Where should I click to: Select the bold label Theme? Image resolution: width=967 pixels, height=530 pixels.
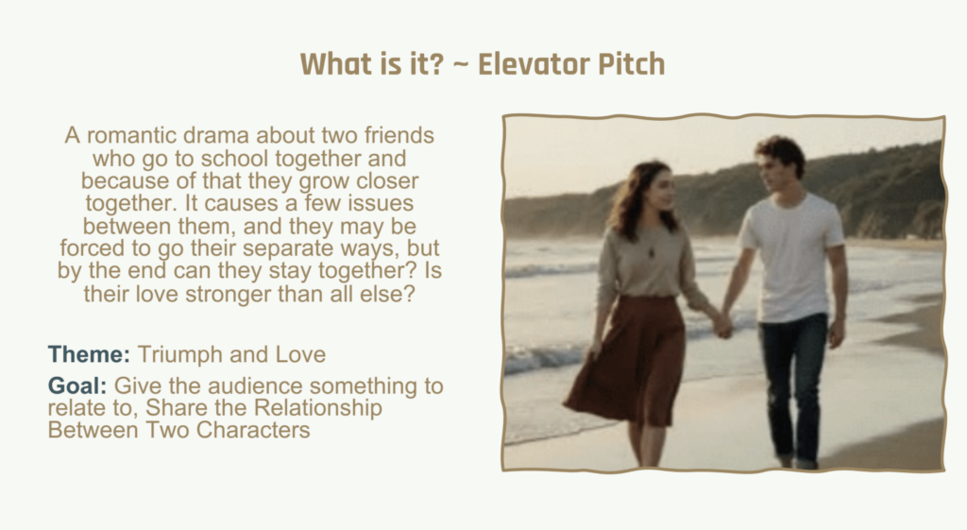point(89,354)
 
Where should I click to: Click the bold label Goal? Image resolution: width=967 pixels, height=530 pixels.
point(77,385)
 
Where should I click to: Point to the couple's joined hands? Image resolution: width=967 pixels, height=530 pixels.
point(722,325)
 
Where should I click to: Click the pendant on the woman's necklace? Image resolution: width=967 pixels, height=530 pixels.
point(652,252)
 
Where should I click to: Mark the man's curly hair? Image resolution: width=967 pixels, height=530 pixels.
point(782,152)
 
